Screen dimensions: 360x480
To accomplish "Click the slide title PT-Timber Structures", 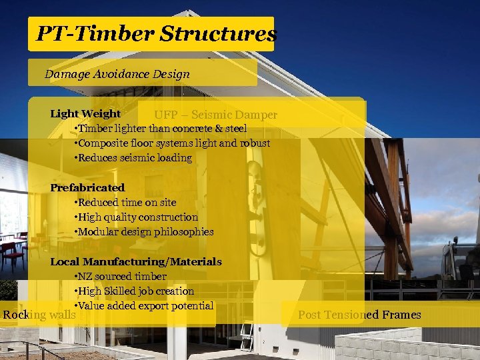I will coord(155,33).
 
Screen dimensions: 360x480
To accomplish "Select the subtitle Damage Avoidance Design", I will coord(117,74).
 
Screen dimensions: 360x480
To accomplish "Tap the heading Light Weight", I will coord(85,114).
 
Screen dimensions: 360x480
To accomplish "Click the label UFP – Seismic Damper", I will coord(215,115).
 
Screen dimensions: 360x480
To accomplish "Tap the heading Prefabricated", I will coord(87,188).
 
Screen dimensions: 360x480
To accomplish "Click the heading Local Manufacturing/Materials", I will coord(136,262).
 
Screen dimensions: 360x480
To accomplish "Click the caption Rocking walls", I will coord(39,315).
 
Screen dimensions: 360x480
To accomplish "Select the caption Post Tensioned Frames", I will coord(359,315).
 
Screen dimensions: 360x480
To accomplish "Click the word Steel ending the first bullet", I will coord(236,129).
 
